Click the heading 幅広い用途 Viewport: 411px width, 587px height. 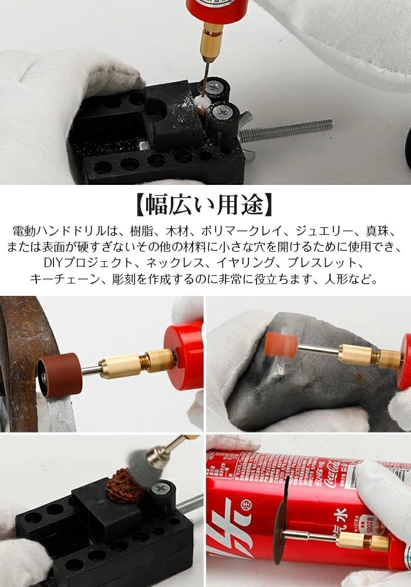(205, 204)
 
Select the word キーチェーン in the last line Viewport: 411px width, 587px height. (64, 278)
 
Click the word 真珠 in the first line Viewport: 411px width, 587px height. (378, 231)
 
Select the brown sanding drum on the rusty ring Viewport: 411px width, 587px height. (60, 375)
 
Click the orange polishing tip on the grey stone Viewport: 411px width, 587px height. (281, 345)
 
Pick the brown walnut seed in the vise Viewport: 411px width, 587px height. (122, 487)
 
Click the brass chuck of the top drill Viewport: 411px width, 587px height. (211, 42)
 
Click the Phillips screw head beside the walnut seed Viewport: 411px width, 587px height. (161, 490)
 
